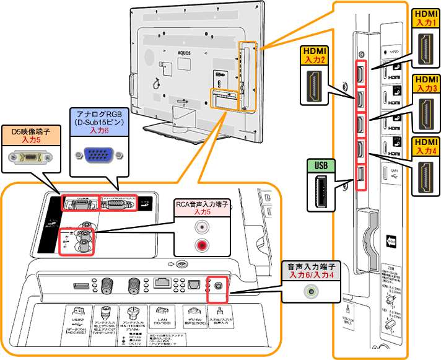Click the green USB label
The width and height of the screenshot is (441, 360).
pyautogui.click(x=320, y=165)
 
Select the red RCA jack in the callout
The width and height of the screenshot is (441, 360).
pyautogui.click(x=202, y=245)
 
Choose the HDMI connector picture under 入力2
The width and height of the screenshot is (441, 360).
pyautogui.click(x=315, y=84)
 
